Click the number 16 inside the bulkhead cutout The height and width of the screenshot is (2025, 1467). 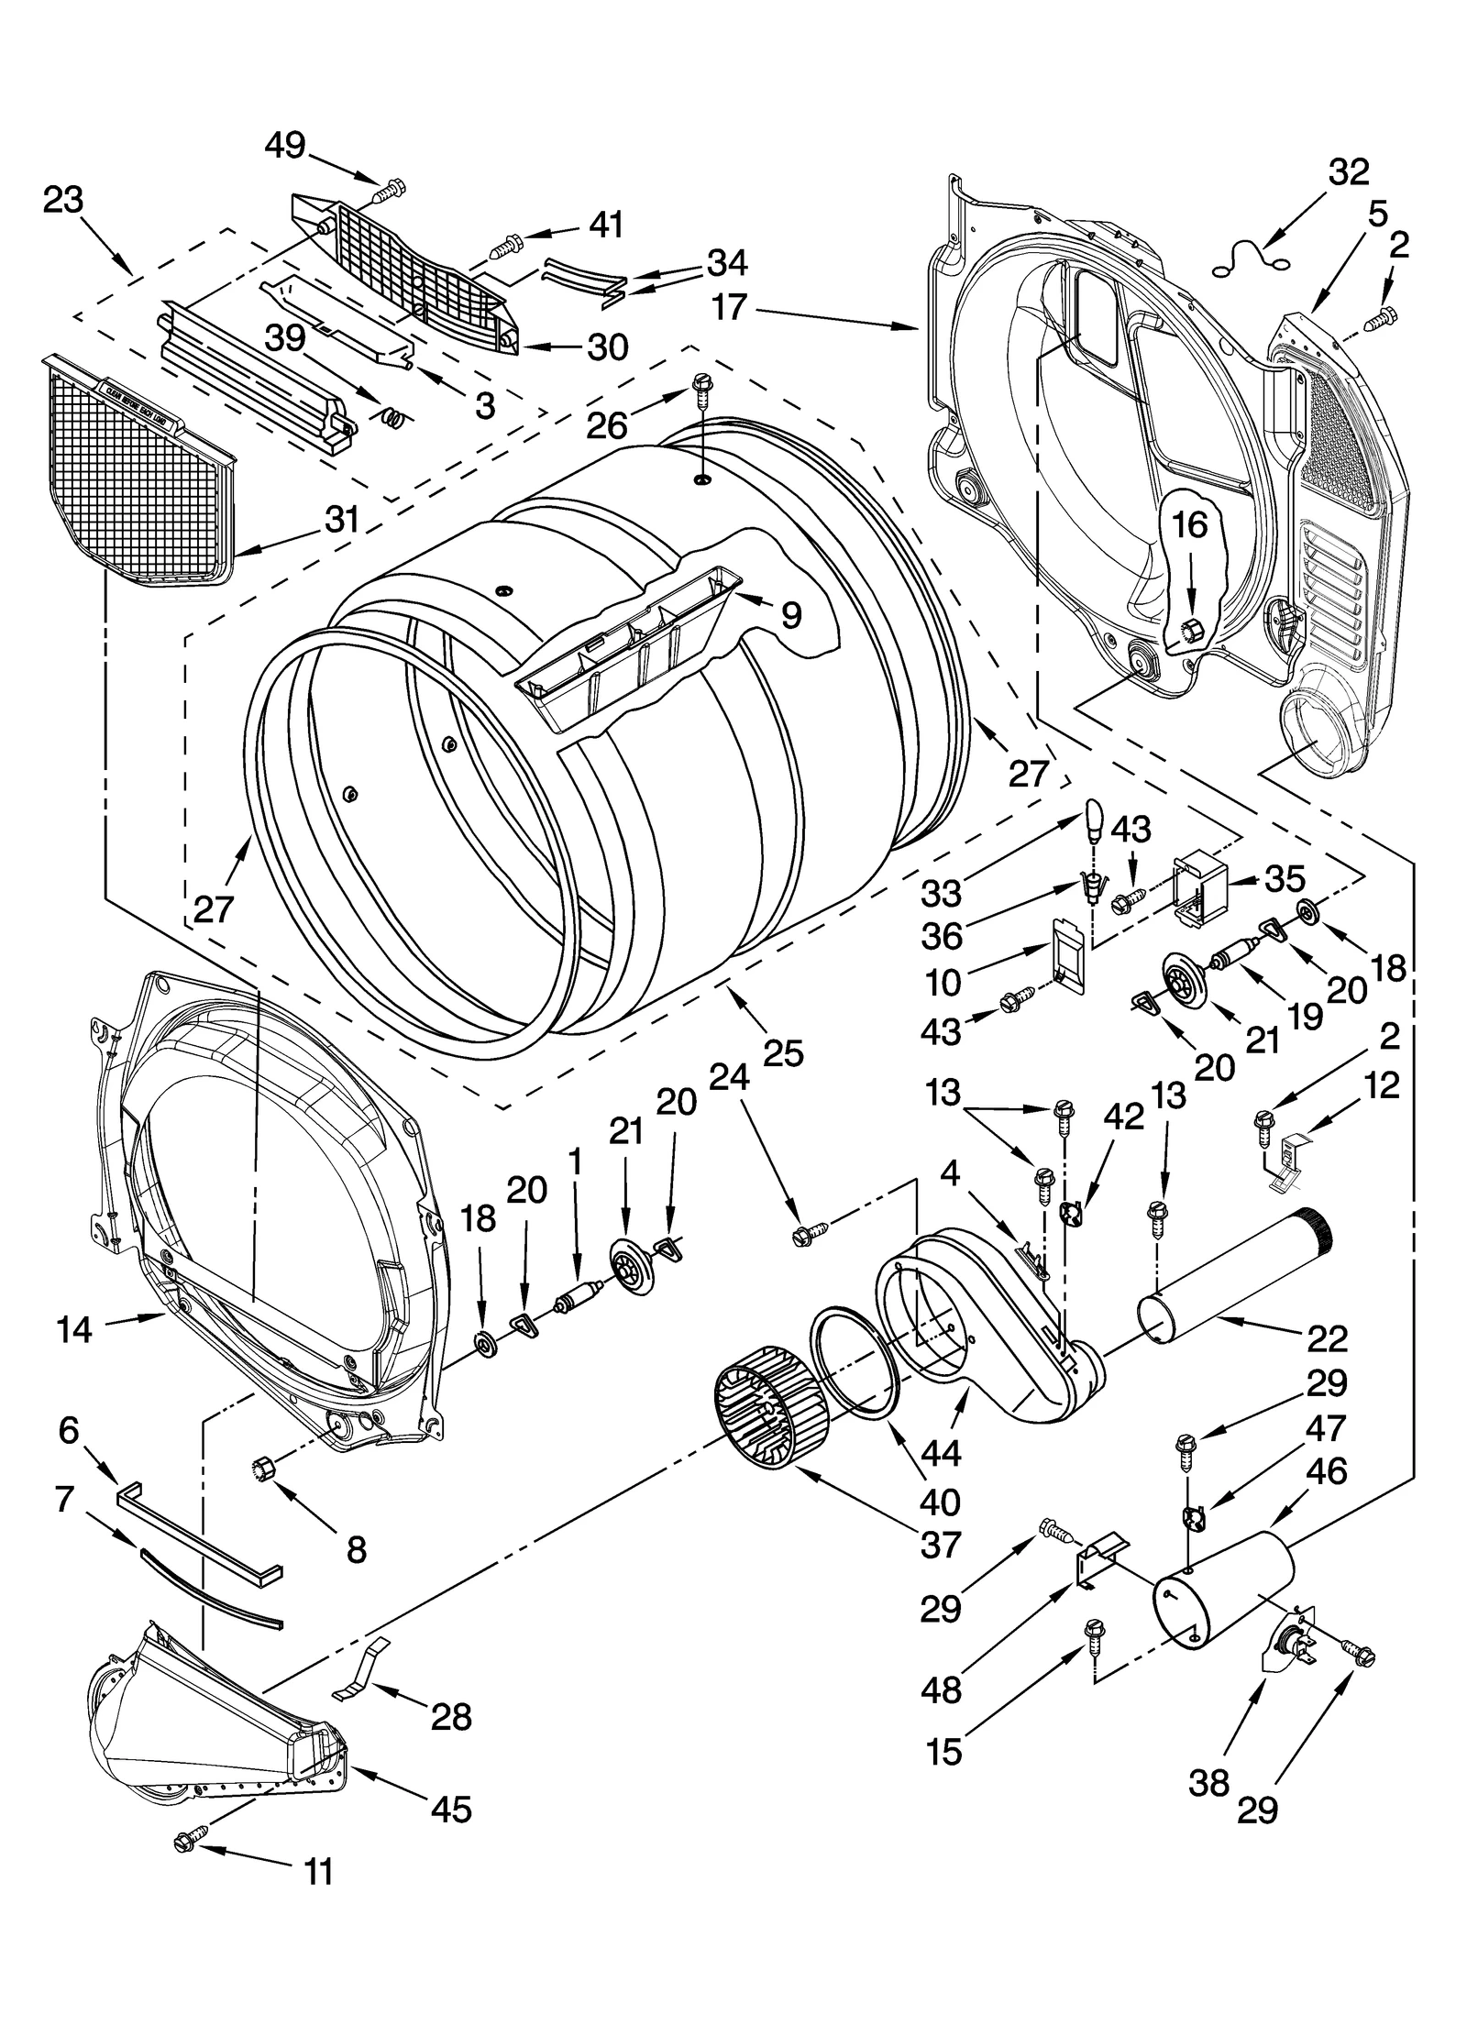pyautogui.click(x=1189, y=525)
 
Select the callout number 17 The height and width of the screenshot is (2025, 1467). pyautogui.click(x=729, y=307)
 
